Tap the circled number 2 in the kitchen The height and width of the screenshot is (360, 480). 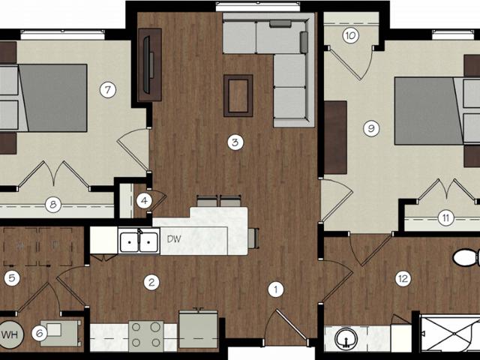[152, 282]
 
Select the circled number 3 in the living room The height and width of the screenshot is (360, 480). [235, 141]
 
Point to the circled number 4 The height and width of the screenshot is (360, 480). [145, 200]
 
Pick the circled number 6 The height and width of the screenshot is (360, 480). [40, 330]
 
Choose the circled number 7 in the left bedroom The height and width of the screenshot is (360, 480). [108, 91]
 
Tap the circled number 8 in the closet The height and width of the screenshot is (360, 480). [52, 202]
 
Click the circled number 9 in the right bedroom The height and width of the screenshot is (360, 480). [370, 128]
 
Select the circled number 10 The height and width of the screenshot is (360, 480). [350, 35]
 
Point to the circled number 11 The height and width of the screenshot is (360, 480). [445, 218]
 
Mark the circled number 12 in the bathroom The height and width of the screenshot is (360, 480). [403, 278]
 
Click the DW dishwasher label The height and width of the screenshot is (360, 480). [173, 240]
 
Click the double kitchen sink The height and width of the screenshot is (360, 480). [139, 241]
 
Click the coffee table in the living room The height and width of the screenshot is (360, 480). [238, 95]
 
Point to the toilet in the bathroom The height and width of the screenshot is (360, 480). [466, 259]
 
